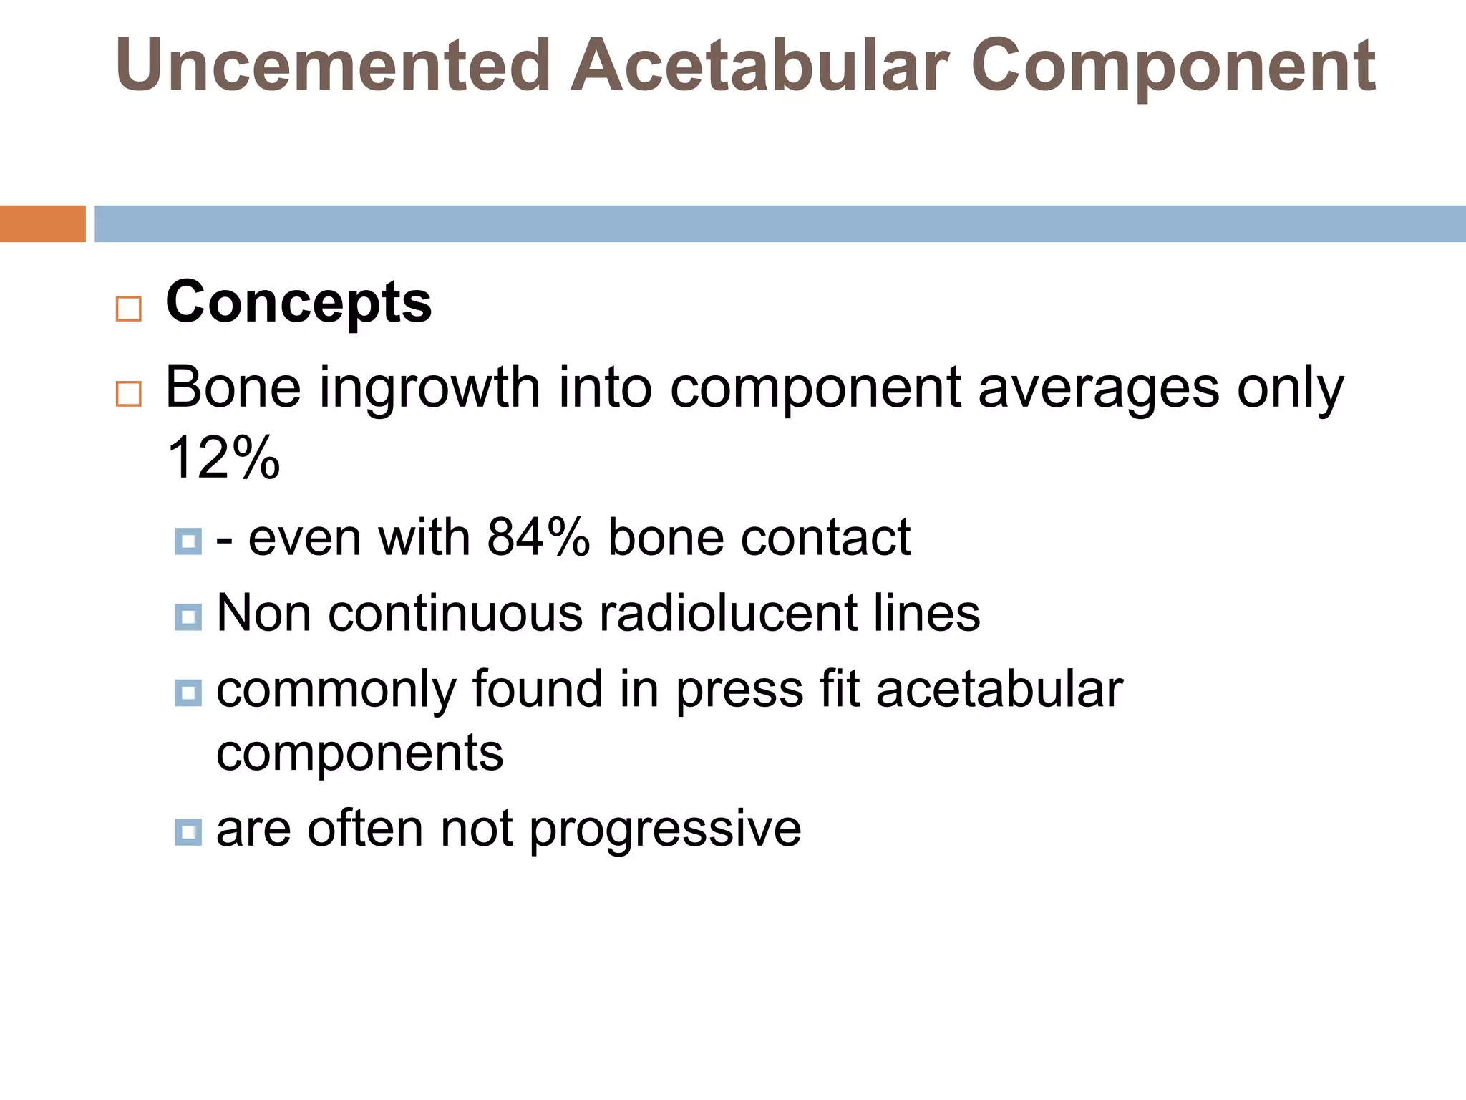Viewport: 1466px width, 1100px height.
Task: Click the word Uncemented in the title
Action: coord(333,66)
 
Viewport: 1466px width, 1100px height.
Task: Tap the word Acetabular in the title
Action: coord(759,66)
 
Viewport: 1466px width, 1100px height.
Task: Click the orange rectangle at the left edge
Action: coord(42,223)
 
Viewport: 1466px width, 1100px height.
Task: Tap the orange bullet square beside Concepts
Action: coord(128,309)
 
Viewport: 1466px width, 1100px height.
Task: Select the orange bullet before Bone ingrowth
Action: coord(128,395)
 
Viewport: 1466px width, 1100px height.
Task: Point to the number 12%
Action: coord(223,458)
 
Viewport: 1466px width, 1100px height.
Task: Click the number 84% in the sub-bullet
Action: coord(538,537)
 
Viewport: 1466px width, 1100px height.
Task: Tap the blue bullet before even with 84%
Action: coord(188,541)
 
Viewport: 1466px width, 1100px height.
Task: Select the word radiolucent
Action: coord(727,614)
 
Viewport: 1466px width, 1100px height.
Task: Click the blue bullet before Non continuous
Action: coord(188,617)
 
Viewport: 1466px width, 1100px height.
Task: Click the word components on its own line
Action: coord(359,754)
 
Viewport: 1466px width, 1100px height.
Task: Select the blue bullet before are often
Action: coord(188,831)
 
